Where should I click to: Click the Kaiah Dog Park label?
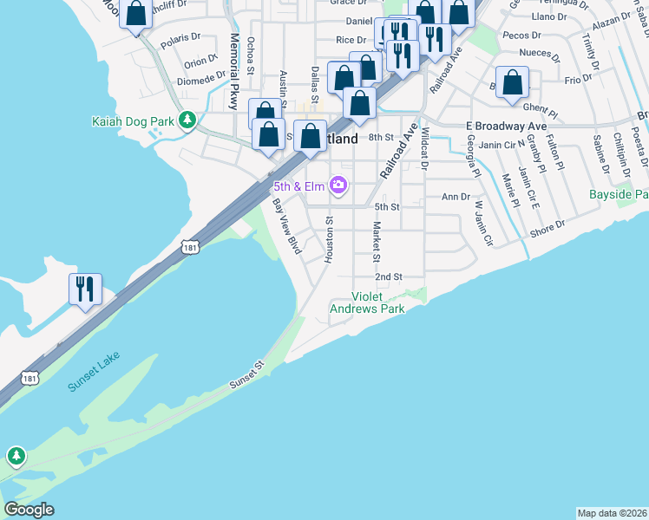pyautogui.click(x=134, y=120)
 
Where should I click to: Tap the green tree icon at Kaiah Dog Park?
pyautogui.click(x=186, y=119)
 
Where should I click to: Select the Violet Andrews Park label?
pyautogui.click(x=378, y=302)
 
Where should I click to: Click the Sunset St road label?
pyautogui.click(x=246, y=374)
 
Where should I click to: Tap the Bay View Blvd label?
pyautogui.click(x=286, y=226)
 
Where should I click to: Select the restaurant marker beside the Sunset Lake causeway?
pyautogui.click(x=85, y=289)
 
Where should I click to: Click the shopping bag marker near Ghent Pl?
pyautogui.click(x=513, y=83)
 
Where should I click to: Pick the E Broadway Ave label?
pyautogui.click(x=507, y=126)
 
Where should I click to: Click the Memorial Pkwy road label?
pyautogui.click(x=233, y=71)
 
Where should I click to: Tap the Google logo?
pyautogui.click(x=29, y=510)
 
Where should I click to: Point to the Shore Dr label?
pyautogui.click(x=547, y=228)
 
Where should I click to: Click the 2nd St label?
pyautogui.click(x=389, y=276)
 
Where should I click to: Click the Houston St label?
pyautogui.click(x=329, y=240)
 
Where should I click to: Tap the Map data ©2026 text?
pyautogui.click(x=612, y=512)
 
